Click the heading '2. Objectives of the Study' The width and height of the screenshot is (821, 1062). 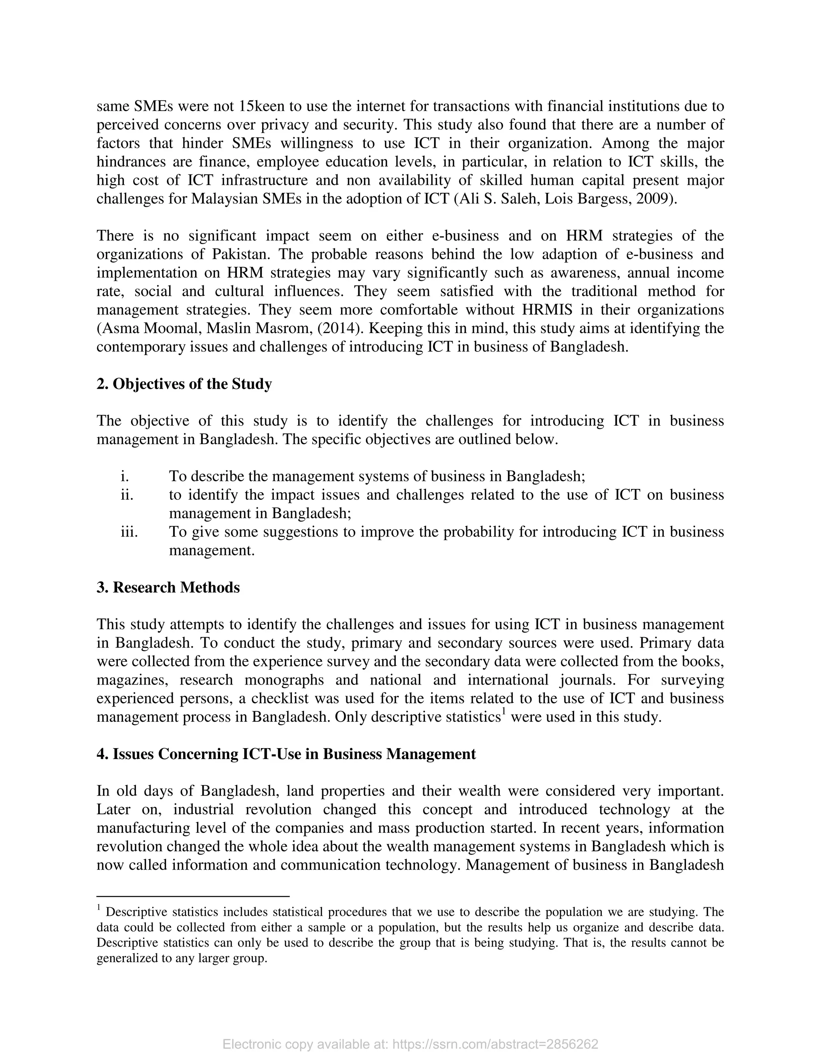184,384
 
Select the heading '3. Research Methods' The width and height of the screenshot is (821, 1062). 168,588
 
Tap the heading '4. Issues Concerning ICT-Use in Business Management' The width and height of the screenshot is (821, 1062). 286,754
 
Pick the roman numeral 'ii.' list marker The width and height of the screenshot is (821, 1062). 126,495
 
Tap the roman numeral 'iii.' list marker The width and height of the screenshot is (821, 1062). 129,532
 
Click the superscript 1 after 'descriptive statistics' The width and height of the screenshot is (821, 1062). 504,713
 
